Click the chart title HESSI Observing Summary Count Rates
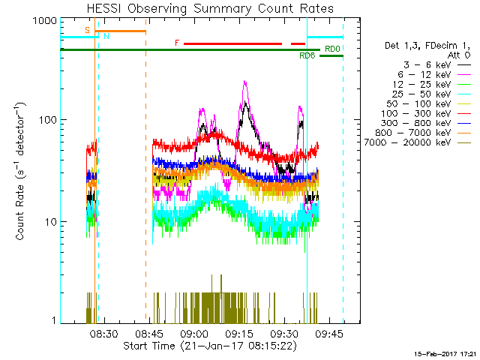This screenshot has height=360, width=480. (x=209, y=8)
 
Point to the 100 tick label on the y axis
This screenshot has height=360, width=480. (x=49, y=120)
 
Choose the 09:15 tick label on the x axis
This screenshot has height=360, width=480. (x=240, y=334)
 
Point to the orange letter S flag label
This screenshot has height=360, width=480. (x=88, y=31)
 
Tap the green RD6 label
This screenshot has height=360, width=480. (x=307, y=56)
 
